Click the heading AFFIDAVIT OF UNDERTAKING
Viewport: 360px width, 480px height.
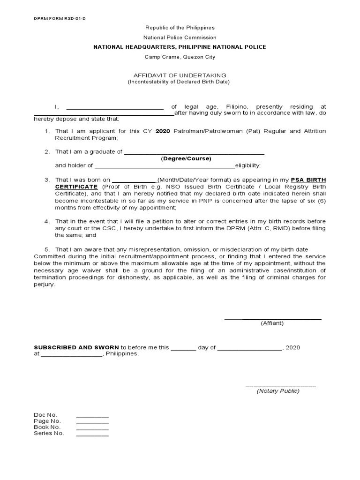click(x=180, y=75)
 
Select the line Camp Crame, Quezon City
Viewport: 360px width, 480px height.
click(x=180, y=57)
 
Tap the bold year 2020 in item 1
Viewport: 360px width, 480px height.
click(x=162, y=131)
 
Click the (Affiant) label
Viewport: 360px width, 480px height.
click(x=272, y=323)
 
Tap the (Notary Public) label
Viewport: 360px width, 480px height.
click(x=278, y=391)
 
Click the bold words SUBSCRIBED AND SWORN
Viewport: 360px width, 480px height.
click(x=76, y=347)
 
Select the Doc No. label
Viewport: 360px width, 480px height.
click(x=45, y=415)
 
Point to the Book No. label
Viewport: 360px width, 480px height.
click(x=47, y=427)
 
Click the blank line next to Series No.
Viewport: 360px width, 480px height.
click(x=92, y=435)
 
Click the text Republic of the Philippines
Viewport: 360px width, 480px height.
click(x=180, y=28)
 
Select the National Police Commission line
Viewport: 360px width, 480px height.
click(x=180, y=37)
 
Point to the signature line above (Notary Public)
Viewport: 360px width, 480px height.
click(x=281, y=386)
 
